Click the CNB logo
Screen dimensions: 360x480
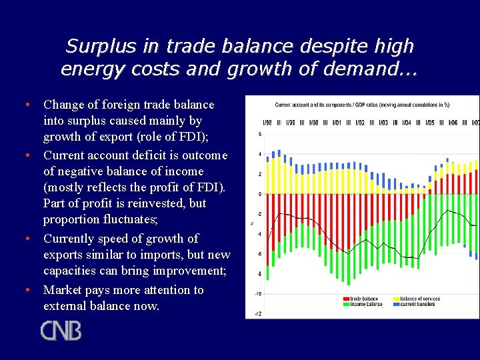(x=61, y=331)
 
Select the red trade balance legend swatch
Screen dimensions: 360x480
(x=345, y=299)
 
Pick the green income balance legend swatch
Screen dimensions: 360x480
(x=345, y=304)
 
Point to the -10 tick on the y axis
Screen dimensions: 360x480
(x=258, y=294)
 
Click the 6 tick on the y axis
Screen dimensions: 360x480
(x=259, y=135)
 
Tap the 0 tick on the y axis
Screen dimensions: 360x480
(x=259, y=194)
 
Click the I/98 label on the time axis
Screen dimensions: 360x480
(x=267, y=123)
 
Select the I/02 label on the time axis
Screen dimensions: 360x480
(x=359, y=123)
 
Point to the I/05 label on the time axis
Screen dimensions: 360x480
(x=429, y=123)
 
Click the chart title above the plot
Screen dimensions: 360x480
(x=362, y=105)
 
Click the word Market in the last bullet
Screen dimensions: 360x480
(x=62, y=290)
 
